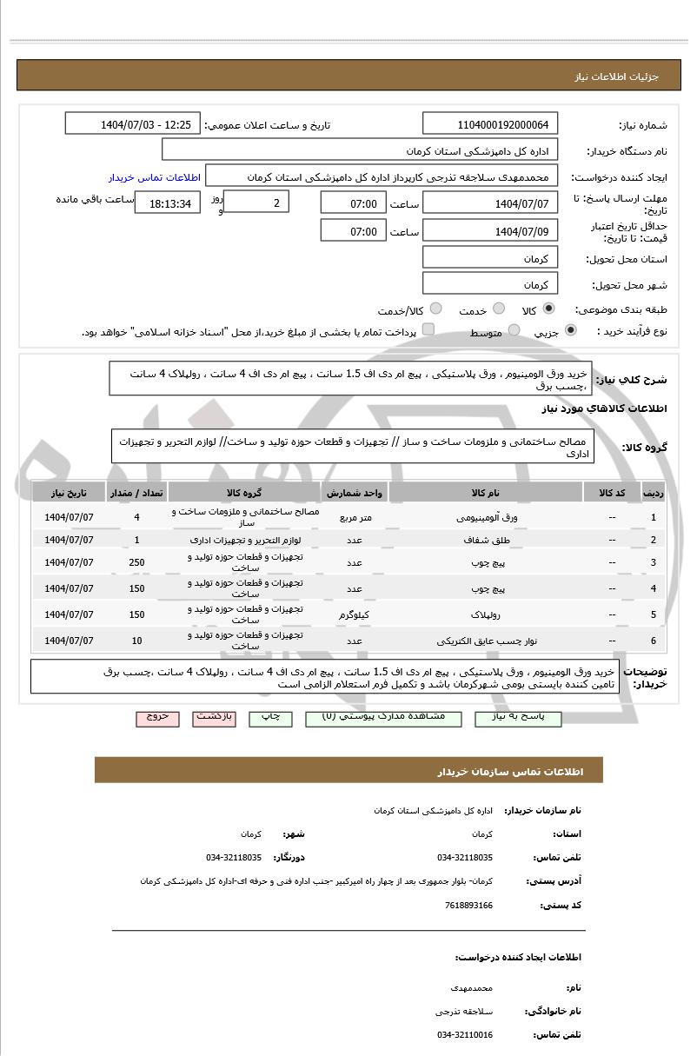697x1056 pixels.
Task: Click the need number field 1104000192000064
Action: [x=491, y=124]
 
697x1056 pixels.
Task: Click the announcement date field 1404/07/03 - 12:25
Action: [x=133, y=124]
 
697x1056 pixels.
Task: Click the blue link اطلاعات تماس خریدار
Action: [x=154, y=177]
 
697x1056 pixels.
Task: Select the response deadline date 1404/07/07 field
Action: [x=491, y=204]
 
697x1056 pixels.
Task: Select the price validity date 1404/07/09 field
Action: [x=491, y=231]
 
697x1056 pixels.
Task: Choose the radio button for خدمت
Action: [x=499, y=309]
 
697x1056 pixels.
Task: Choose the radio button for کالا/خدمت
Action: [x=436, y=309]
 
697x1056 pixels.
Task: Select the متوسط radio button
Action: [x=514, y=331]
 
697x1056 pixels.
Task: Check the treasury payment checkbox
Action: [x=428, y=331]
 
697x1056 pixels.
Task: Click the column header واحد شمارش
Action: [x=355, y=493]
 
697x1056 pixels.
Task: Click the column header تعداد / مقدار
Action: [x=137, y=493]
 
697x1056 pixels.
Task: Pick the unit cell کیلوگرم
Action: [x=355, y=614]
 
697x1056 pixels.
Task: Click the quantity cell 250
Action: [x=137, y=562]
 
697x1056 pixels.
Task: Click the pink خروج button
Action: [x=157, y=717]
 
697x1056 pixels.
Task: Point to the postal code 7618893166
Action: [x=468, y=906]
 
